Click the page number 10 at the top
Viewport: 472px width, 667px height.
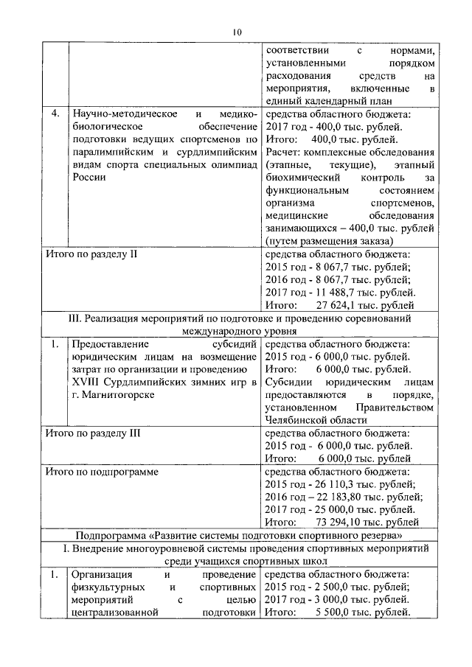(236, 31)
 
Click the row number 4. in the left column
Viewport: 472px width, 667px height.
(55, 114)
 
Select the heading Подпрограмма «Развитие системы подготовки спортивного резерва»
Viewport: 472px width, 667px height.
(236, 535)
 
